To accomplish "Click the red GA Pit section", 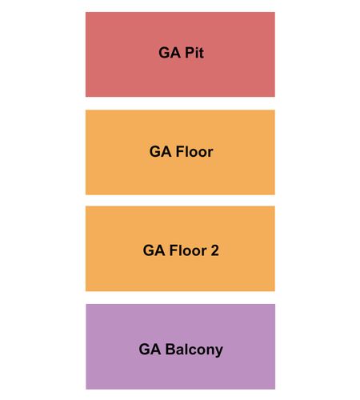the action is point(180,54).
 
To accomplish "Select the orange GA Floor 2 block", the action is point(180,249).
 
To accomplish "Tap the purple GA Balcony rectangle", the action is point(181,346).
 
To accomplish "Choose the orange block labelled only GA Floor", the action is point(180,152).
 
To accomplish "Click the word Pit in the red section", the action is point(194,53).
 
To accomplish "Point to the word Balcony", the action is point(194,350).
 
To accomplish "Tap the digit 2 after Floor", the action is point(214,250).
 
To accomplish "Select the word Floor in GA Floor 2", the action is point(188,250).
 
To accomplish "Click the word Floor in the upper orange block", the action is point(194,152).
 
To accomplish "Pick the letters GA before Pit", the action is point(170,53).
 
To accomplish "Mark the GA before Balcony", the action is point(150,349).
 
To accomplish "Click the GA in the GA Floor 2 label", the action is point(154,250).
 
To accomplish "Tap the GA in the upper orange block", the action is point(160,152).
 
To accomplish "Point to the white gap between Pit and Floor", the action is point(180,103).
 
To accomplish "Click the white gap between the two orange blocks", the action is point(180,201).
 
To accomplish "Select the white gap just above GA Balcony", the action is point(180,298).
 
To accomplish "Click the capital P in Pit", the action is point(190,53).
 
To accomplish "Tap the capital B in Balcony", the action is point(170,349).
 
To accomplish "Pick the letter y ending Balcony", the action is point(219,352).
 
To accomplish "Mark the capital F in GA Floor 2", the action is point(174,250).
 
